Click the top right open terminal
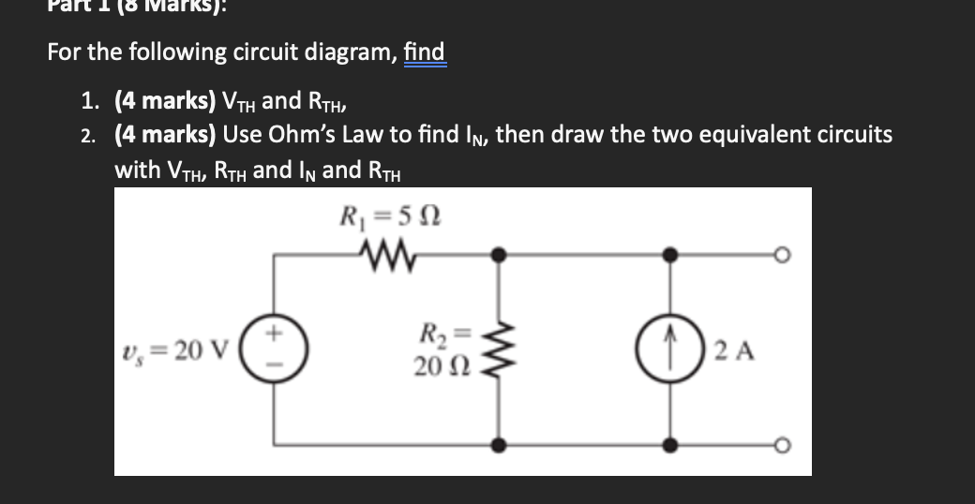pos(778,253)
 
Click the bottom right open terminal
pos(778,447)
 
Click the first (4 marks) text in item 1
pos(165,100)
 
